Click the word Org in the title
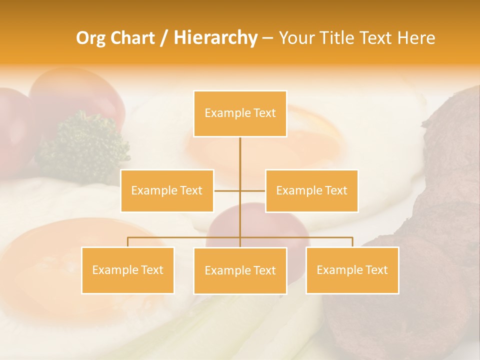pos(90,38)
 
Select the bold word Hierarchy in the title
pos(215,38)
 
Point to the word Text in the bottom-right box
pos(376,270)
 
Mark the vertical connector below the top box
pos(240,155)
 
